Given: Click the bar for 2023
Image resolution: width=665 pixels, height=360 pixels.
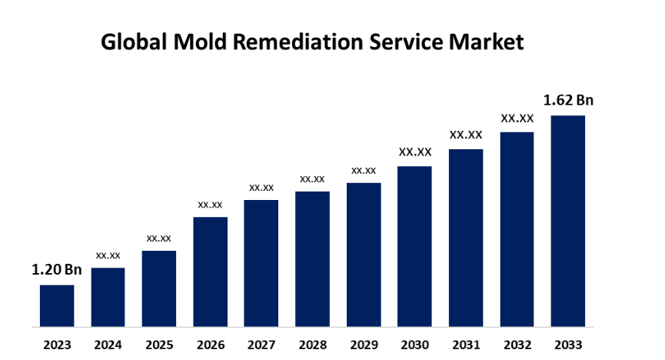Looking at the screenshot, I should pyautogui.click(x=57, y=305).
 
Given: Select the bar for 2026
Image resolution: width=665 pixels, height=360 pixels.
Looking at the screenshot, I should pyautogui.click(x=210, y=272).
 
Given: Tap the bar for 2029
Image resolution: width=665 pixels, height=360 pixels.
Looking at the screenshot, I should pyautogui.click(x=364, y=255).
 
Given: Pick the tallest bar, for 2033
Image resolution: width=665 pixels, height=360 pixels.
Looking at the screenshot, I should pyautogui.click(x=568, y=221).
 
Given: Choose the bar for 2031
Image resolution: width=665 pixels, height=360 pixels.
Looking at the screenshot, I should pyautogui.click(x=466, y=238).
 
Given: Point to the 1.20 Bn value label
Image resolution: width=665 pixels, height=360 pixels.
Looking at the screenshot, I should pyautogui.click(x=56, y=270).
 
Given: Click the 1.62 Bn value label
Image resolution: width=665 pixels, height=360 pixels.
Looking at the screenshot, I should pyautogui.click(x=568, y=100).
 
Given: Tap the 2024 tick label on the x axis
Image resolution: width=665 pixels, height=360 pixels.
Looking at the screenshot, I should pyautogui.click(x=108, y=344).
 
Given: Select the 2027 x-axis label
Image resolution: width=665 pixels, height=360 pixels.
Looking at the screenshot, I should pyautogui.click(x=261, y=344).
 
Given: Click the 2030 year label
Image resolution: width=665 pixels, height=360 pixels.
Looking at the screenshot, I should pyautogui.click(x=414, y=344).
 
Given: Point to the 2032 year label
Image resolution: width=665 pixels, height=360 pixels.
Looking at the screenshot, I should pyautogui.click(x=517, y=344).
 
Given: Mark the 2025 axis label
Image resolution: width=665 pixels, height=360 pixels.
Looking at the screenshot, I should pyautogui.click(x=159, y=344).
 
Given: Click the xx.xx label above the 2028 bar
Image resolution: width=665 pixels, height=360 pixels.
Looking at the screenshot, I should pyautogui.click(x=312, y=179).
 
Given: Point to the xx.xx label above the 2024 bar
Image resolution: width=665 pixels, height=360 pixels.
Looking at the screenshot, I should pyautogui.click(x=108, y=255).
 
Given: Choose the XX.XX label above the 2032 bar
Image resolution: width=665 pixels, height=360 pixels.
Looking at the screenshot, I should pyautogui.click(x=517, y=118).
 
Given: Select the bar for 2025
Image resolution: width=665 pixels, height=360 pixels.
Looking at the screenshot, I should pyautogui.click(x=159, y=288).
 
